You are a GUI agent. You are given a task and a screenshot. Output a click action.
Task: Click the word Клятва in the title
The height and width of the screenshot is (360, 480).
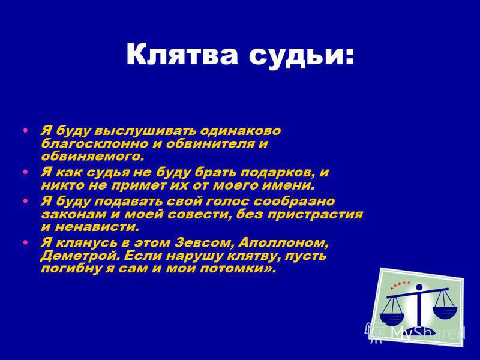(x=182, y=54)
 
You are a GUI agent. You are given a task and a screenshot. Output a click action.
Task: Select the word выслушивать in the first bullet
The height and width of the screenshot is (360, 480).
(x=146, y=131)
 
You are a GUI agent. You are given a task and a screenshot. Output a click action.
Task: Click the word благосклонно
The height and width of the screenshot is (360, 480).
(x=94, y=144)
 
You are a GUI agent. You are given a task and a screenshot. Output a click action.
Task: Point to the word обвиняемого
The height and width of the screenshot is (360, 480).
(x=92, y=157)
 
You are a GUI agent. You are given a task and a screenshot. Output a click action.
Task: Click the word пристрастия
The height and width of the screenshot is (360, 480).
(x=315, y=215)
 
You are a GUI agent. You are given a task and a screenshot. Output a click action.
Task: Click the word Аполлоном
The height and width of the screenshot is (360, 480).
(x=283, y=244)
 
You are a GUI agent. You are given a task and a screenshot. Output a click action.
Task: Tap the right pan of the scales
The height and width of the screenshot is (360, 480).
(x=445, y=313)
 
